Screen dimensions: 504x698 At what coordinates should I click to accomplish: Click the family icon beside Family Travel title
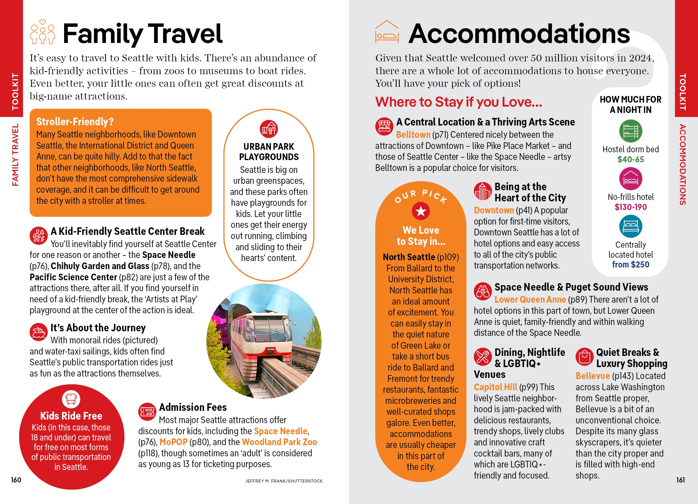click(43, 32)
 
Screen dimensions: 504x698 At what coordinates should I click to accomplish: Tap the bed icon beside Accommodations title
click(387, 32)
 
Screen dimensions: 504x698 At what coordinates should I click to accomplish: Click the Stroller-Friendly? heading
click(75, 122)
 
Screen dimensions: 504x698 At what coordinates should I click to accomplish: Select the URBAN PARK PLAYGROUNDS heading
click(269, 151)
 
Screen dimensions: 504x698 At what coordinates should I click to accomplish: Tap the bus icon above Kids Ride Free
click(71, 399)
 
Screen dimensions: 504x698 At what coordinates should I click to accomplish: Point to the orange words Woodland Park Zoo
click(279, 442)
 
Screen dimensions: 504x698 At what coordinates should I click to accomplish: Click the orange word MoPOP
click(173, 442)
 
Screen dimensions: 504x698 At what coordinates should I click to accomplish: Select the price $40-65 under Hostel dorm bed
click(630, 159)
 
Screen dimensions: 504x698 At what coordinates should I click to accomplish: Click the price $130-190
click(630, 207)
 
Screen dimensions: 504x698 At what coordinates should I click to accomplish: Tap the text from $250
click(630, 264)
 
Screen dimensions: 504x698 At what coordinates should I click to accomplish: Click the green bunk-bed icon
click(630, 131)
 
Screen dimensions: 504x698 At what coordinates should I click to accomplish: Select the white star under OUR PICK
click(420, 211)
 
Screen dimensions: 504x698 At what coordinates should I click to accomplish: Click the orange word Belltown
click(413, 134)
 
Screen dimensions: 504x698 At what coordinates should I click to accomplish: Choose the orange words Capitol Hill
click(495, 387)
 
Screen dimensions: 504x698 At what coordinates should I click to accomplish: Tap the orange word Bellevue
click(592, 376)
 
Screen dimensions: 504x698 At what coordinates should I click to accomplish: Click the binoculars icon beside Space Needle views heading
click(483, 291)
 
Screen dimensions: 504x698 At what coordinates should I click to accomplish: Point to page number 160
click(16, 480)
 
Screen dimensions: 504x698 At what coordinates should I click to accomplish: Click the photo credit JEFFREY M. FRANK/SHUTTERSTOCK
click(283, 481)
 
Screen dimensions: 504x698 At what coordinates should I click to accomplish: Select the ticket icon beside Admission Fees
click(147, 412)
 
